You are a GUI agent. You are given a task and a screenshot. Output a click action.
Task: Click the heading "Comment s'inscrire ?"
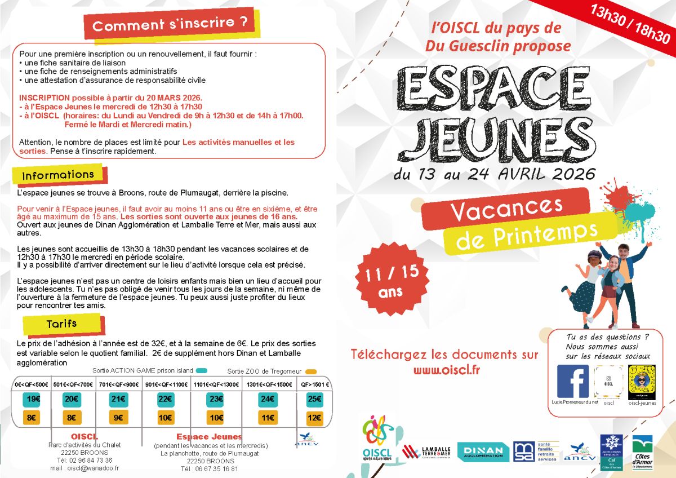170,25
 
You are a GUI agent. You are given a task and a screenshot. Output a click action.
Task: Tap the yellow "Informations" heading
58,175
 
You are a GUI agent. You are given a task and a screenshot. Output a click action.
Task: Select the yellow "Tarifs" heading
62,324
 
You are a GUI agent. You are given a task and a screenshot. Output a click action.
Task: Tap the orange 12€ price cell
314,418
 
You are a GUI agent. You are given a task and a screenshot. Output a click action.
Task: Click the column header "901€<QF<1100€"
166,384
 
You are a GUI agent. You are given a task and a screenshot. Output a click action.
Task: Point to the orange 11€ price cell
268,418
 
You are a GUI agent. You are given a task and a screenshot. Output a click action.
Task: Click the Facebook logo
573,382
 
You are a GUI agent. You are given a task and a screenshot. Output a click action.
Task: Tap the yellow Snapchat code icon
642,382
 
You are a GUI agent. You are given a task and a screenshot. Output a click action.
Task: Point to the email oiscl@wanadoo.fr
84,468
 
